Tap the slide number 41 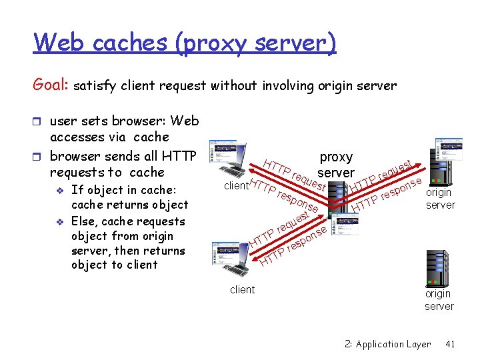pyautogui.click(x=450, y=344)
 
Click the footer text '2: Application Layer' pyautogui.click(x=388, y=344)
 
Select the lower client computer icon pyautogui.click(x=240, y=260)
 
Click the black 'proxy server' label pyautogui.click(x=336, y=165)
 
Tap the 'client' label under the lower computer pyautogui.click(x=242, y=289)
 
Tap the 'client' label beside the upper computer pyautogui.click(x=235, y=185)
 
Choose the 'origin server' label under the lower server pyautogui.click(x=439, y=300)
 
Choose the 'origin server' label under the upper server pyautogui.click(x=441, y=199)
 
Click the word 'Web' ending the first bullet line pyautogui.click(x=185, y=121)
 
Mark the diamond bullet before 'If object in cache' pyautogui.click(x=61, y=190)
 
